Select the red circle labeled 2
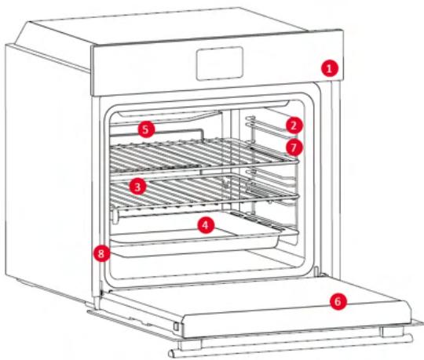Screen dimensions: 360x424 pyautogui.click(x=292, y=124)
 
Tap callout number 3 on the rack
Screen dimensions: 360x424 pyautogui.click(x=137, y=187)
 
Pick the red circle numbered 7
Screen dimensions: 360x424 pyautogui.click(x=292, y=145)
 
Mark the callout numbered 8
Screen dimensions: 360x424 pyautogui.click(x=100, y=253)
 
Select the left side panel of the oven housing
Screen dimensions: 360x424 pyautogui.click(x=47, y=173)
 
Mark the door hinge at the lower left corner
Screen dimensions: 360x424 pyautogui.click(x=97, y=297)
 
